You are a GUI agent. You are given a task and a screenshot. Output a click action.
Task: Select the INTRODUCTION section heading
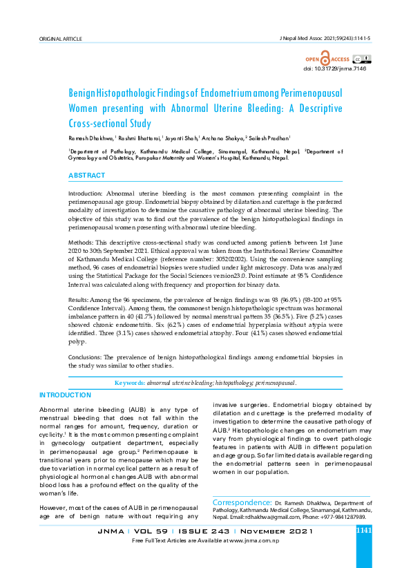pyautogui.click(x=65, y=395)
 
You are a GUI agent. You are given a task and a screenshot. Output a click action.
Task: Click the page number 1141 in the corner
pyautogui.click(x=364, y=531)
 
